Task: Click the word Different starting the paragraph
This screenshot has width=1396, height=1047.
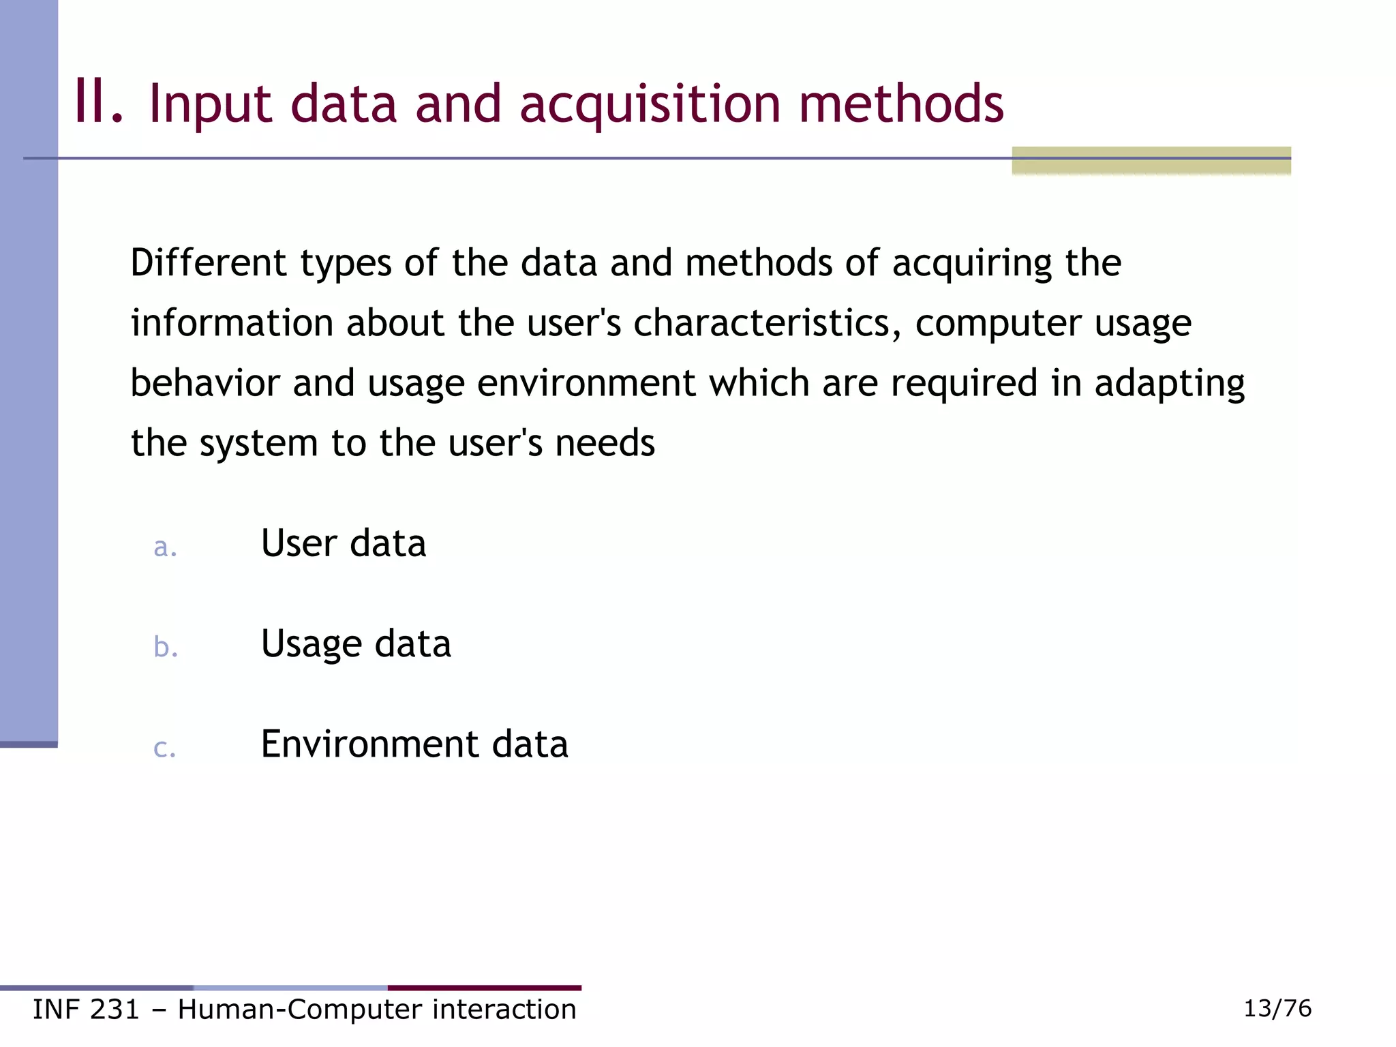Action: (x=208, y=263)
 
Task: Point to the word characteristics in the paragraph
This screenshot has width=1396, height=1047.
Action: (x=762, y=322)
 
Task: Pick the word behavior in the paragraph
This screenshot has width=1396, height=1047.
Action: (x=205, y=382)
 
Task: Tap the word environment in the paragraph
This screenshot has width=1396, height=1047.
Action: (x=586, y=382)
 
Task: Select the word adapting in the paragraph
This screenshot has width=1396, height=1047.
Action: (x=1169, y=384)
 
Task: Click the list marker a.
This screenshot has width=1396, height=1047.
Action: (x=165, y=547)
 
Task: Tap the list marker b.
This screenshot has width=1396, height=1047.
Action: (x=166, y=646)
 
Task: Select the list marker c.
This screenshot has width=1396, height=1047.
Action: (x=165, y=748)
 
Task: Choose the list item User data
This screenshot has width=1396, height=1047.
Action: (x=344, y=543)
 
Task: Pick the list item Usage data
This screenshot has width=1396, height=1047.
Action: (x=356, y=644)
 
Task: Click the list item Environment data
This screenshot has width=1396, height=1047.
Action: (x=414, y=744)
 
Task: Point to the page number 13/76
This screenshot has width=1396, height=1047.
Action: (x=1277, y=1008)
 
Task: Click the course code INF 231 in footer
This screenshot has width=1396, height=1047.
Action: (x=86, y=1010)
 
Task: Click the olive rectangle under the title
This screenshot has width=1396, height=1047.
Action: (x=1151, y=161)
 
